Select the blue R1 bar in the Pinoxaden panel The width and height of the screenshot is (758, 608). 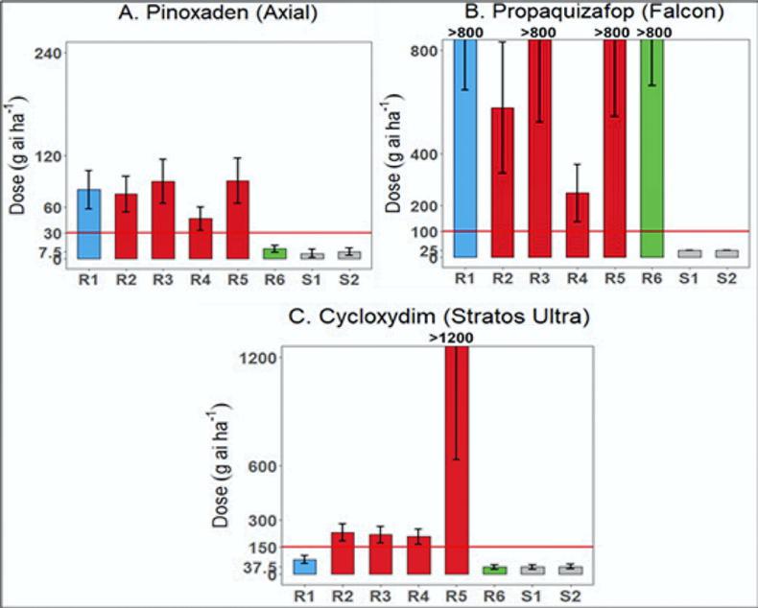tap(88, 224)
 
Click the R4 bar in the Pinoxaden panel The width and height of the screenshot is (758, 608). tap(201, 238)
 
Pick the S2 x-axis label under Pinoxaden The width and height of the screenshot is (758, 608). tap(350, 279)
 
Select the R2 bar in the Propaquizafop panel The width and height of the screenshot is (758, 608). tap(502, 182)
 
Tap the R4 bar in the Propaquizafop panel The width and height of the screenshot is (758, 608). tap(576, 224)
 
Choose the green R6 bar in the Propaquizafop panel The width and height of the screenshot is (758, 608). tap(651, 149)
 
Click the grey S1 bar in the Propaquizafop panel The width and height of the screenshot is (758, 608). tap(688, 253)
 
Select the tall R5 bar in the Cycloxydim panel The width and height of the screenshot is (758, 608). tap(456, 460)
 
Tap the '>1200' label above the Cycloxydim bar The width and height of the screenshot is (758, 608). tap(456, 338)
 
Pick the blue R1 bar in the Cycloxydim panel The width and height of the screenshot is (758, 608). tap(305, 566)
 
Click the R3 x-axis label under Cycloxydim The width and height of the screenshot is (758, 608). tap(381, 595)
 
